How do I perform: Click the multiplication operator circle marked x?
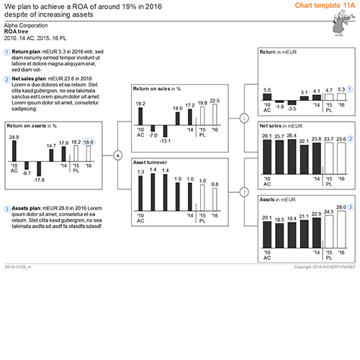pyautogui.click(x=119, y=154)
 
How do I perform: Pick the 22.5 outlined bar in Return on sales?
pyautogui.click(x=215, y=114)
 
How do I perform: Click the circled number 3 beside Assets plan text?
pyautogui.click(x=7, y=189)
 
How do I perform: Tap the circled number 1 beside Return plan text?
pyautogui.click(x=7, y=53)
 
